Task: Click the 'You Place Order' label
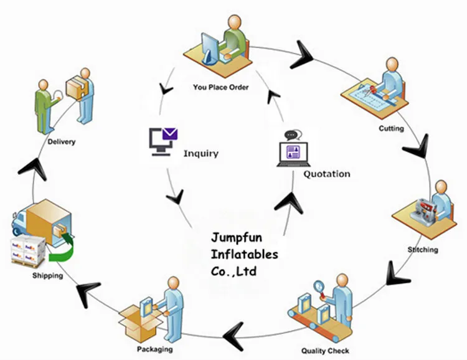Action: tap(220, 87)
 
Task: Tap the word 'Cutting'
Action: tap(391, 129)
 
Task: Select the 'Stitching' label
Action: tap(423, 250)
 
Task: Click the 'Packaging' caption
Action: tap(155, 349)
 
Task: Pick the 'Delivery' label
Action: tap(61, 141)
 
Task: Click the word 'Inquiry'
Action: tap(200, 153)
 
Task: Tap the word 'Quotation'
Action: tap(326, 174)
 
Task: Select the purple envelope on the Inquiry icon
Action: tap(168, 133)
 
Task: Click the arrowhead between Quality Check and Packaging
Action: tap(233, 327)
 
